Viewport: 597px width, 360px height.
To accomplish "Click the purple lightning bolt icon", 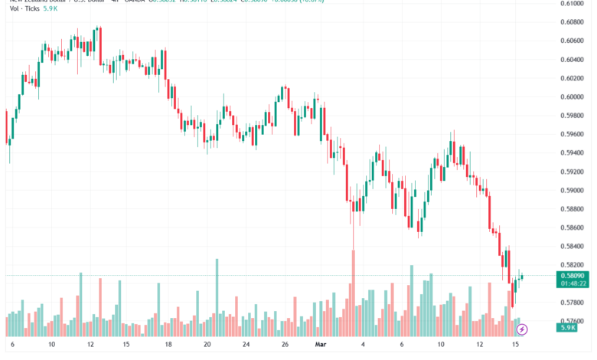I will pyautogui.click(x=522, y=329).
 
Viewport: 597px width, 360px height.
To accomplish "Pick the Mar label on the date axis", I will pyautogui.click(x=321, y=345).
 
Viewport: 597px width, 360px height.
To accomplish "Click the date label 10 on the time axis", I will pyautogui.click(x=51, y=345).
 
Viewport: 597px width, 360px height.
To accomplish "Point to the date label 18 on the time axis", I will pyautogui.click(x=167, y=345).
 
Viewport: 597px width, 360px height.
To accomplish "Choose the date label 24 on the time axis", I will pyautogui.click(x=244, y=345).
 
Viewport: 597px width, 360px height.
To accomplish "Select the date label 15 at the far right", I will pyautogui.click(x=516, y=345).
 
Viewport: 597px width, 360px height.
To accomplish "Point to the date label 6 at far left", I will pyautogui.click(x=12, y=345).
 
